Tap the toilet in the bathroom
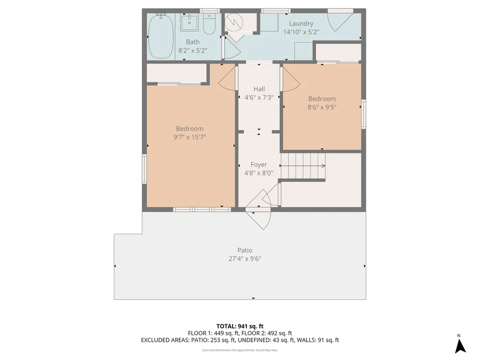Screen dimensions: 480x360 point(210,24)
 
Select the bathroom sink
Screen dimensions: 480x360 point(189,22)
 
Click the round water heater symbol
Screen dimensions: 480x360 point(234,22)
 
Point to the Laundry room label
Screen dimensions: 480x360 point(301,23)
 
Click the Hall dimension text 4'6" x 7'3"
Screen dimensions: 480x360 point(259,97)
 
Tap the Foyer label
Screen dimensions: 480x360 point(259,165)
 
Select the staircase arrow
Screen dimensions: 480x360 point(303,166)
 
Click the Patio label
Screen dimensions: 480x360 point(245,250)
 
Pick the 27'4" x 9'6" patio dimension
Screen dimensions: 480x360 point(245,259)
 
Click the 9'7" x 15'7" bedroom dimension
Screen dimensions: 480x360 point(189,137)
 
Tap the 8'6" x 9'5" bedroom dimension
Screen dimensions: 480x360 point(322,107)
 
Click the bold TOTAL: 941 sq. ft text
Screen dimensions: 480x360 point(240,326)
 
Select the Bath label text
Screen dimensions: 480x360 point(193,42)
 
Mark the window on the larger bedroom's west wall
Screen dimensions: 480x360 point(144,169)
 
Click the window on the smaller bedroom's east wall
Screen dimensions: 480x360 point(364,114)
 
